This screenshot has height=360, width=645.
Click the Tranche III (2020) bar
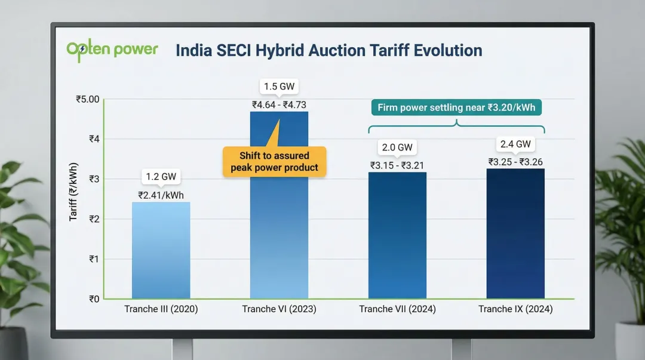(x=161, y=251)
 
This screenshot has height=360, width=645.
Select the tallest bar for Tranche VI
(x=279, y=239)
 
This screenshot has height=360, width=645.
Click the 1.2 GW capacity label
(x=161, y=177)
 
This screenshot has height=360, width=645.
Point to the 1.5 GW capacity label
(x=279, y=86)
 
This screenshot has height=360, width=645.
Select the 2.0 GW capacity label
(x=397, y=147)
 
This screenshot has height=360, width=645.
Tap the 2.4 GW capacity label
(x=515, y=144)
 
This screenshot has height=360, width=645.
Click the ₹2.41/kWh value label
(x=161, y=195)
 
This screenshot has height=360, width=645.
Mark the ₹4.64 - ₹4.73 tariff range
(x=279, y=104)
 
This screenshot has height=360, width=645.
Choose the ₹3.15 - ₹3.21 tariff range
(x=397, y=165)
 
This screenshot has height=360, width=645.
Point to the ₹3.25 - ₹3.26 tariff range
(x=515, y=162)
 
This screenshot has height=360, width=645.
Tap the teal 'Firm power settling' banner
(x=456, y=108)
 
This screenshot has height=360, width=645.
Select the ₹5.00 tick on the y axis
(x=87, y=99)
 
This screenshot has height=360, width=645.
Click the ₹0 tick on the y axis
(x=92, y=299)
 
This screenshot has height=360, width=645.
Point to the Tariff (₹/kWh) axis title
(x=73, y=191)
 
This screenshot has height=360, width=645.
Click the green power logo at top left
(x=112, y=50)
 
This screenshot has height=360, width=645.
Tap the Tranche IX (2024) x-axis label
(x=515, y=309)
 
